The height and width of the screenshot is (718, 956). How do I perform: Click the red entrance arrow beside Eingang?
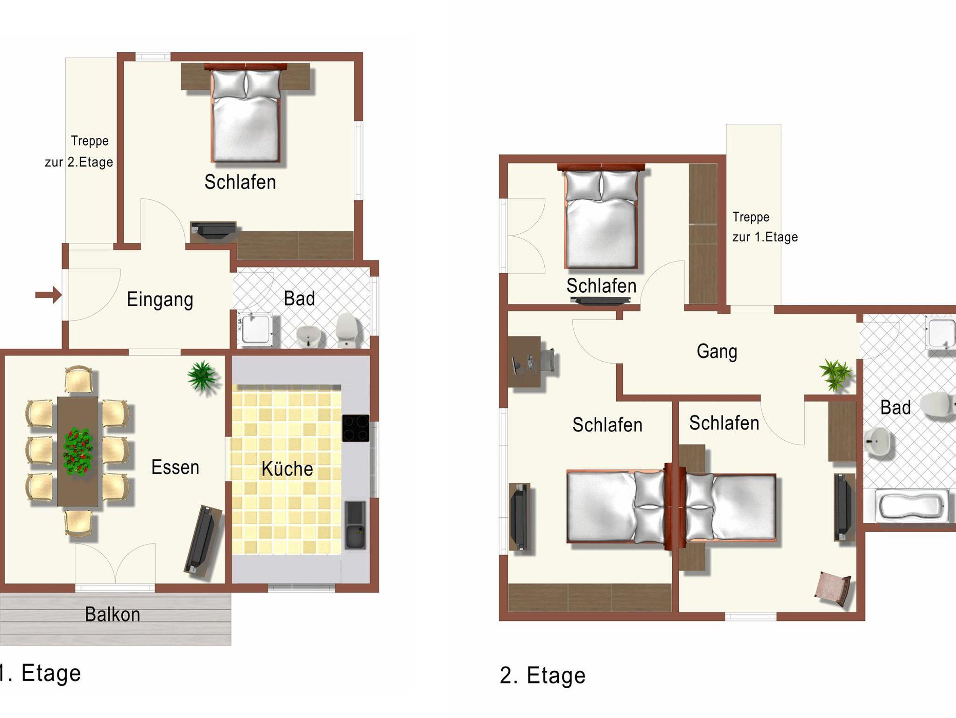[x=49, y=295]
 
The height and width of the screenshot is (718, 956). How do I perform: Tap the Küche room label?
[x=287, y=469]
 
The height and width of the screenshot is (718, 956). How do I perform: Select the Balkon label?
[x=112, y=614]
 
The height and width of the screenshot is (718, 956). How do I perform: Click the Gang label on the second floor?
[x=717, y=352]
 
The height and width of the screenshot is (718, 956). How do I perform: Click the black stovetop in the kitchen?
[x=356, y=428]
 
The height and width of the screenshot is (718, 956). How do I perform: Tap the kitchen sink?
[x=356, y=525]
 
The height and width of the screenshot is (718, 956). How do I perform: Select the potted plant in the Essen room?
[x=202, y=376]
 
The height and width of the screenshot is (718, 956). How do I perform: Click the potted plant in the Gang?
[x=836, y=374]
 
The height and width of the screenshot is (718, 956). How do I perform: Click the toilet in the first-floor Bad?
[x=347, y=330]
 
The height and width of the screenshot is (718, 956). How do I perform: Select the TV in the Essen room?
[x=202, y=540]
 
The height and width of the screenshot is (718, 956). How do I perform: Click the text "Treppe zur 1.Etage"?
[x=765, y=227]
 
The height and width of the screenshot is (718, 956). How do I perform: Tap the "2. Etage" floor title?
[x=542, y=676]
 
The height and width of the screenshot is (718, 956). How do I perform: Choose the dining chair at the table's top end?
[x=78, y=380]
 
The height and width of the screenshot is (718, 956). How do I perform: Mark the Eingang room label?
[x=160, y=300]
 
